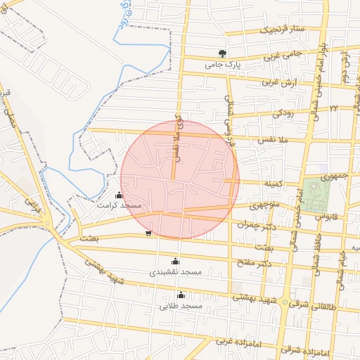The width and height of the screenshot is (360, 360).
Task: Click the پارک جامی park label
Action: click(x=223, y=64)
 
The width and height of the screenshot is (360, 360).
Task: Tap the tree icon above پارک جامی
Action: click(x=222, y=53)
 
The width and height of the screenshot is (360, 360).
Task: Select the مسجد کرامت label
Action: click(x=120, y=205)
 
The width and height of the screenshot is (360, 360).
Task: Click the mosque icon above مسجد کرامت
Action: click(x=118, y=195)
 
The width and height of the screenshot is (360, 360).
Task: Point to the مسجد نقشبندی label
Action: click(x=176, y=271)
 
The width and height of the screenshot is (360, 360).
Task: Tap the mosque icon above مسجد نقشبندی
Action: click(x=176, y=262)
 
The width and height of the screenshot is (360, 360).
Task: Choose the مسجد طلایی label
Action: click(x=181, y=306)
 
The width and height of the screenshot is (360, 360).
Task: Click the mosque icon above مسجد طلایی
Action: click(x=181, y=295)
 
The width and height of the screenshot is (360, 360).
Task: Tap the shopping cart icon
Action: click(x=148, y=233)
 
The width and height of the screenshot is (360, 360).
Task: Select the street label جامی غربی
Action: click(x=283, y=54)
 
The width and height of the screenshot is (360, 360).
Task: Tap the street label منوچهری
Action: click(x=267, y=207)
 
